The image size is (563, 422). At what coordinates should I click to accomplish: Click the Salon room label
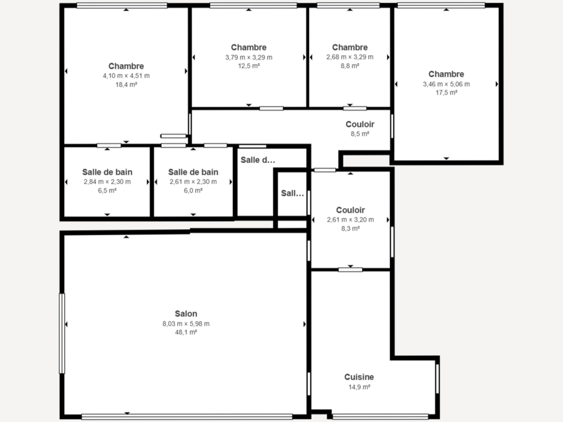pyautogui.click(x=186, y=314)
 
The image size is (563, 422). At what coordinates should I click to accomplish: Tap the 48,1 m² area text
pyautogui.click(x=186, y=332)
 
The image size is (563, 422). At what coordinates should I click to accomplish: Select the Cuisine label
pyautogui.click(x=359, y=377)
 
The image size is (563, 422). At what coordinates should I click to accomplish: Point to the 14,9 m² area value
pyautogui.click(x=359, y=387)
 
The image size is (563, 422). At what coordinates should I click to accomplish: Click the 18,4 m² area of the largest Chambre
pyautogui.click(x=126, y=85)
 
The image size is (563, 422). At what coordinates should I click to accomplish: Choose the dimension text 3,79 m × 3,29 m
pyautogui.click(x=249, y=57)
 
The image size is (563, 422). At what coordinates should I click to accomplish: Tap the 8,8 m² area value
pyautogui.click(x=350, y=66)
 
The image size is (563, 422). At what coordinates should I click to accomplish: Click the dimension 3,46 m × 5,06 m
pyautogui.click(x=446, y=84)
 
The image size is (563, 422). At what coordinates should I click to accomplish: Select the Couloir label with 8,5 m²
pyautogui.click(x=360, y=124)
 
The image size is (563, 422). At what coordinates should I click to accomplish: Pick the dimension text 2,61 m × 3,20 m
pyautogui.click(x=350, y=220)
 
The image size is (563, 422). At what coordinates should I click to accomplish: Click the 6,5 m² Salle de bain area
pyautogui.click(x=107, y=191)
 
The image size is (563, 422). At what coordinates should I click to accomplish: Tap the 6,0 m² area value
pyautogui.click(x=193, y=191)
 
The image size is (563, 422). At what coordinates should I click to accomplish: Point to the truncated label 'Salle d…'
pyautogui.click(x=258, y=160)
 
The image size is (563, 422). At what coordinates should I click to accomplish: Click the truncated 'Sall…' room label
pyautogui.click(x=292, y=193)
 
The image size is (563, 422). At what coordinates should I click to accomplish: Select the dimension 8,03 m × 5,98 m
pyautogui.click(x=186, y=323)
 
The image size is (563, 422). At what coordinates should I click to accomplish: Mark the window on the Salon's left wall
pyautogui.click(x=62, y=333)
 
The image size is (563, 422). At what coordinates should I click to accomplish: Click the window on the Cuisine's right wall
pyautogui.click(x=437, y=378)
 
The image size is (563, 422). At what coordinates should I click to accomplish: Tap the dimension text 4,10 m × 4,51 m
pyautogui.click(x=126, y=75)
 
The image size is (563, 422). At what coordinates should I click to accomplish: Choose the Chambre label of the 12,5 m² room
pyautogui.click(x=249, y=47)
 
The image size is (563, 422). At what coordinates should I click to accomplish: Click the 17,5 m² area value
pyautogui.click(x=446, y=93)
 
